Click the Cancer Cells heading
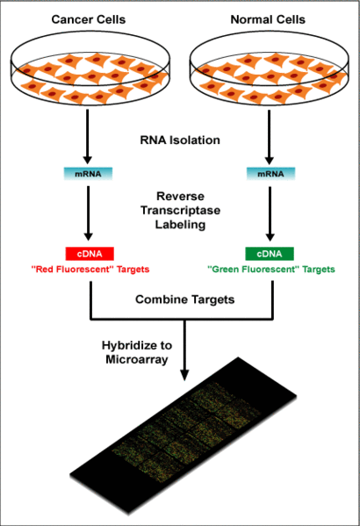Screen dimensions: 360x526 [89, 19]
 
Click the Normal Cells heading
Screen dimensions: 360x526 [268, 19]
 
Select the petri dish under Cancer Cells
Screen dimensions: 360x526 [90, 67]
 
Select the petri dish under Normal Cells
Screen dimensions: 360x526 [269, 67]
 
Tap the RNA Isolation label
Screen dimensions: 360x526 [180, 140]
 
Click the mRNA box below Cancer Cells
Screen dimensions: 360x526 [88, 174]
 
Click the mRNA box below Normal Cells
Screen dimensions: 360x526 [270, 174]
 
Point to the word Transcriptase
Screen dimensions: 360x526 [181, 211]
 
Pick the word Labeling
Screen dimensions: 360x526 [181, 225]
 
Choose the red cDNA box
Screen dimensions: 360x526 [90, 254]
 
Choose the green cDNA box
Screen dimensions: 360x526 [270, 254]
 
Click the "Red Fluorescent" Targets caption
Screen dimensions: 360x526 [90, 270]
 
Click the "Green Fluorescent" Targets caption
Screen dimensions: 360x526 [271, 270]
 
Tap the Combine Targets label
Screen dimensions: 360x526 [185, 299]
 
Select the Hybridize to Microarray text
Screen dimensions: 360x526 [137, 352]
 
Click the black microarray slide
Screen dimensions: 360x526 [184, 436]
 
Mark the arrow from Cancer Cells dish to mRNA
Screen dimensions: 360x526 [88, 136]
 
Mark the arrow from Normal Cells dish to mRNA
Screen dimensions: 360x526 [269, 136]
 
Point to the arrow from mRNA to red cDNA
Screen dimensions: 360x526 [88, 213]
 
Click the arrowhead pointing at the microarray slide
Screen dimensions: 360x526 [184, 375]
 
